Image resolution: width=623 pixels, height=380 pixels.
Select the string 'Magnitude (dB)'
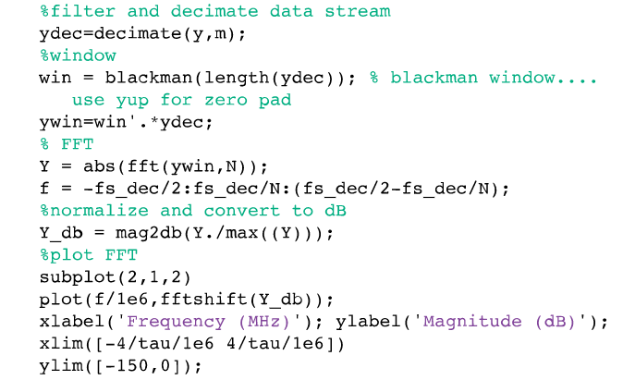[499, 322]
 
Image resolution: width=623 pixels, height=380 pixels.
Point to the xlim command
[60, 344]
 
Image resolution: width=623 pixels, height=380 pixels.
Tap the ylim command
[60, 366]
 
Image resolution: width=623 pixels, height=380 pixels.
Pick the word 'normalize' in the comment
[92, 211]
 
